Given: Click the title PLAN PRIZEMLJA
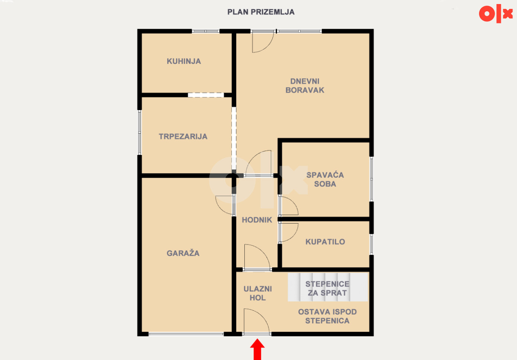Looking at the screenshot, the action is pos(261,12).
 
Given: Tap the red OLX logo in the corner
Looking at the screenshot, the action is pos(495,14).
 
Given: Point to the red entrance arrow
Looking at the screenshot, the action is pos(257,349).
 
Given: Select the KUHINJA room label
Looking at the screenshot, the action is pos(184,61).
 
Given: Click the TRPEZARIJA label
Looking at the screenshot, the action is pos(183,136).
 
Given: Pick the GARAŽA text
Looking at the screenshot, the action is pos(183,253).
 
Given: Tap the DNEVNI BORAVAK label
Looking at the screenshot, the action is pos(305,86).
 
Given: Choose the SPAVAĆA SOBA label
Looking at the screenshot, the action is pos(325,180).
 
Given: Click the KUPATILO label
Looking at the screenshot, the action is pos(325,242).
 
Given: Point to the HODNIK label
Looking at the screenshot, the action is pos(257,220).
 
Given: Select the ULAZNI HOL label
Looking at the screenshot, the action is pos(258,293).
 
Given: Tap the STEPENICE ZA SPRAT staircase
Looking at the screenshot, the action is pos(328,287).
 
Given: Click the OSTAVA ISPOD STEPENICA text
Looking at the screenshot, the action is pos(327,316).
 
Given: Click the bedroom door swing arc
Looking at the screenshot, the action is pos(294,203).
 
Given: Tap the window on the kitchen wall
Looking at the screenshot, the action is pos(206,31).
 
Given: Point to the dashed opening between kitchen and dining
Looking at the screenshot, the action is pos(206,95).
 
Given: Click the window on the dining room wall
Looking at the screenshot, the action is pos(139,132).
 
